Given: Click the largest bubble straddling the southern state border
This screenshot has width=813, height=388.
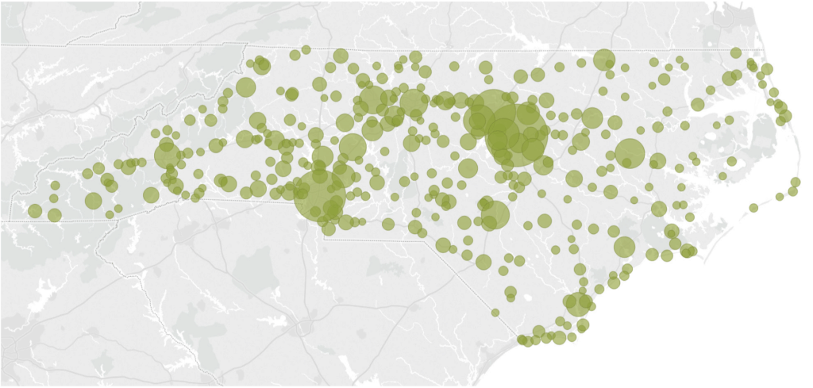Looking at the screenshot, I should pos(319,194).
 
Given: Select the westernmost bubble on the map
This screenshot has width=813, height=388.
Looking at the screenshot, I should pos(35,211).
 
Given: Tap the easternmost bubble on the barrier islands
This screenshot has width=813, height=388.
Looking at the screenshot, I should pos(796,182).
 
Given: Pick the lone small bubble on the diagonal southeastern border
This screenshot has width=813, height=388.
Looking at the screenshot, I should pos(495,313).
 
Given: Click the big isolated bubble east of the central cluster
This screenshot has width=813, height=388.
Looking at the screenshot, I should pos(630,153).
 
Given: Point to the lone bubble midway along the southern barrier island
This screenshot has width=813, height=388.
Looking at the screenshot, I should pos(753,208).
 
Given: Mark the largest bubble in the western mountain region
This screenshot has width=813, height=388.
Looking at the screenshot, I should pos(168,154).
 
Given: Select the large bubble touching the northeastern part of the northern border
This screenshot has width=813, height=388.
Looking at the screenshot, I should pos(604,60).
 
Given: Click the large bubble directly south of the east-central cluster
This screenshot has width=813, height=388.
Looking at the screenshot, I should pos(495,214).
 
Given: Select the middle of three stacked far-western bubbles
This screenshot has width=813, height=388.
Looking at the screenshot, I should pos(54,198).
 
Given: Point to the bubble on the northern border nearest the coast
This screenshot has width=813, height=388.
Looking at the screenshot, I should pos(736,53).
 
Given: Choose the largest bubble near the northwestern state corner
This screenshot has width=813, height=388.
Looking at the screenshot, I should pos(245,87).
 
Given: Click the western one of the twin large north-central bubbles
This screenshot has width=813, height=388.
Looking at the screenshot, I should pos(372,101).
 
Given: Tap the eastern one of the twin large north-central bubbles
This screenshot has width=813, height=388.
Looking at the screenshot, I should pos(413,102).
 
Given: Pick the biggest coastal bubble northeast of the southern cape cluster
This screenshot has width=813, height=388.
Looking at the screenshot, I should pos(624,247).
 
